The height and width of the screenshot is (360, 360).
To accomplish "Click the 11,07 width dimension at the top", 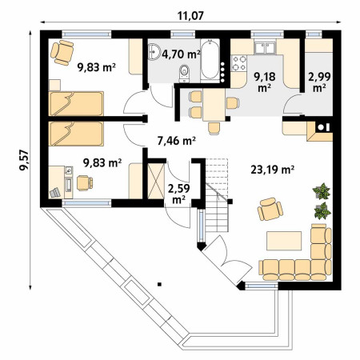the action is [x=190, y=16].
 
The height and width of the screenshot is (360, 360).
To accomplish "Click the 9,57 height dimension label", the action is [x=24, y=160].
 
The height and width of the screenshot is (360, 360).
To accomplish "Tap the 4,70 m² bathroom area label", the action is [x=181, y=54].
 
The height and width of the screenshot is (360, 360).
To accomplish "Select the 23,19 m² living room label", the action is [x=273, y=170].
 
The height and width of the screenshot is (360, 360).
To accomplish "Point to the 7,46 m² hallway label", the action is [x=177, y=141].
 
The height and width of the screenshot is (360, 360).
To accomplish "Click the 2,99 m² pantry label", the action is [x=319, y=82].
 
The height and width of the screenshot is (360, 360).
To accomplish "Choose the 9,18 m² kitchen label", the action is [x=264, y=82].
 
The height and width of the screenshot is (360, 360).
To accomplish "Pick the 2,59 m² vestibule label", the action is [x=178, y=194].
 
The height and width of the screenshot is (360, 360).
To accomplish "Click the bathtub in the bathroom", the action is [x=210, y=59].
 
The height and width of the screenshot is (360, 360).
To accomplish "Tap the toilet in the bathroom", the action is [x=184, y=74].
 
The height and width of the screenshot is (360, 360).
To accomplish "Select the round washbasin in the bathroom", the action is [x=154, y=51].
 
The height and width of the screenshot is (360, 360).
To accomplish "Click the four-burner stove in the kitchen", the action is [x=238, y=63].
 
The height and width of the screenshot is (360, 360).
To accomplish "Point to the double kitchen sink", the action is [x=265, y=48].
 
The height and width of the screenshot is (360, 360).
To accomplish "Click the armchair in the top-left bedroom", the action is [x=62, y=53].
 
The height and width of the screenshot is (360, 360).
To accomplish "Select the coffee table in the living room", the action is [x=284, y=241].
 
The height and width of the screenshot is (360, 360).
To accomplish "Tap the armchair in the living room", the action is [x=270, y=210].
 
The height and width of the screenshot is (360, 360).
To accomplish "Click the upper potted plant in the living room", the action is [x=322, y=191].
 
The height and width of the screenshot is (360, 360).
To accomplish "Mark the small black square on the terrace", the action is [x=159, y=284].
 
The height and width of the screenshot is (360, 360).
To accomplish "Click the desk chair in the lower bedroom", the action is [x=85, y=183].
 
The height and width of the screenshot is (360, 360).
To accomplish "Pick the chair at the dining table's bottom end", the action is [x=214, y=128].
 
